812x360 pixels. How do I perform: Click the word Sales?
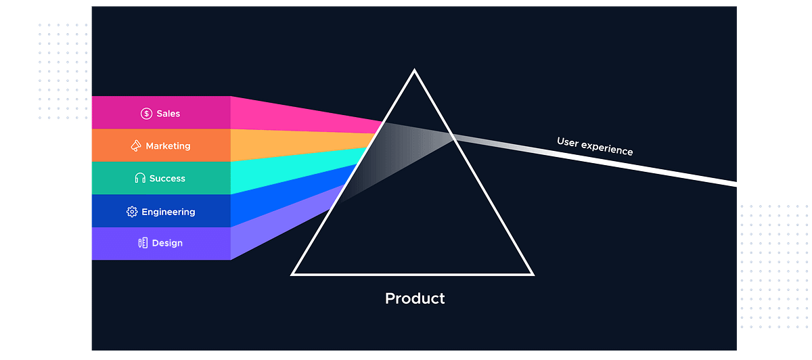coord(168,114)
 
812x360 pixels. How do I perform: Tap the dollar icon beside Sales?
coord(146,114)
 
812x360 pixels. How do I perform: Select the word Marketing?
coord(168,146)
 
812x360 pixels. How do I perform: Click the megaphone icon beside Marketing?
coord(136,146)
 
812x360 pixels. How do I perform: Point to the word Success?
coord(167,179)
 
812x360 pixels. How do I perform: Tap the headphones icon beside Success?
coord(140,179)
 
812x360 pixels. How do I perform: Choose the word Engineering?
coord(168,212)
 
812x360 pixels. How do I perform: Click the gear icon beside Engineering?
coord(132,212)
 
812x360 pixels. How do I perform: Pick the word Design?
coord(167,243)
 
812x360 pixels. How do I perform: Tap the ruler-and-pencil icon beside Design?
coord(142,243)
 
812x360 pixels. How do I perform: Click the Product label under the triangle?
coord(415,298)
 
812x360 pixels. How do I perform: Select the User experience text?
coord(595,146)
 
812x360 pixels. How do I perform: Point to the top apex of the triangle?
coord(414,70)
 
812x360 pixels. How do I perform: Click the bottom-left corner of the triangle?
coord(293,274)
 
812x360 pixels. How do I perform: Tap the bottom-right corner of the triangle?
coord(533,274)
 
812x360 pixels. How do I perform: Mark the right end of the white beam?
coord(735,184)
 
